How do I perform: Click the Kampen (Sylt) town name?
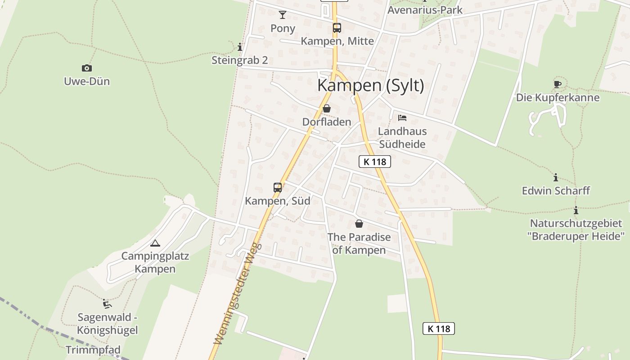coord(370,85)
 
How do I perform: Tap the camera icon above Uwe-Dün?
coord(87,68)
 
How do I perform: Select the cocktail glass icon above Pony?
coord(283,15)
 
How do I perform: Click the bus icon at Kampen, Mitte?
coord(337,27)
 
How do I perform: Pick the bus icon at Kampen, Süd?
coord(278,188)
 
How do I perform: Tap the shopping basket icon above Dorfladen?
coord(327,108)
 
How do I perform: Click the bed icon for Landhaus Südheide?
coord(402,118)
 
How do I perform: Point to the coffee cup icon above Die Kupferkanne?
coord(558,84)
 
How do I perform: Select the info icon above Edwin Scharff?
coord(556,178)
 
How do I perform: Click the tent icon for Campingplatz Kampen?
coord(155,243)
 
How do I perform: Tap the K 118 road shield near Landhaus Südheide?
coord(375,162)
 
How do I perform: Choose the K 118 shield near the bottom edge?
coord(439,328)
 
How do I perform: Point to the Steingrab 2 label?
coord(240,60)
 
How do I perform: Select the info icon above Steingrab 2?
coord(240,47)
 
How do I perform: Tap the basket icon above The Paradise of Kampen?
coord(359,224)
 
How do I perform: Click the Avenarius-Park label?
coord(425,10)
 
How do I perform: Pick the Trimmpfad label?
coord(93,350)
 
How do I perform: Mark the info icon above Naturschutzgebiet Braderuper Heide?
coord(576,210)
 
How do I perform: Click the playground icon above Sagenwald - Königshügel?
coord(107,304)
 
